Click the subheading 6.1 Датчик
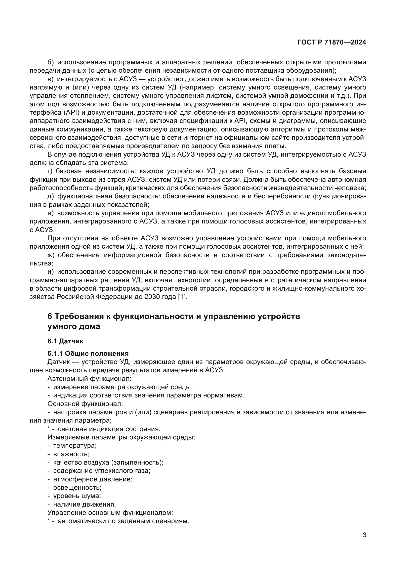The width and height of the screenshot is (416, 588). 65,341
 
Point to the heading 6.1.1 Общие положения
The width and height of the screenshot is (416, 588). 88,354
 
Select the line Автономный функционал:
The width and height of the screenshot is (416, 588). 89,379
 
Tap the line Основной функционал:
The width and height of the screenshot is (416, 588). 85,404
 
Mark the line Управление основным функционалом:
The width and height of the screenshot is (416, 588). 110,513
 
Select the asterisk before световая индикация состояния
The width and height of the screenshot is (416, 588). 49,428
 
